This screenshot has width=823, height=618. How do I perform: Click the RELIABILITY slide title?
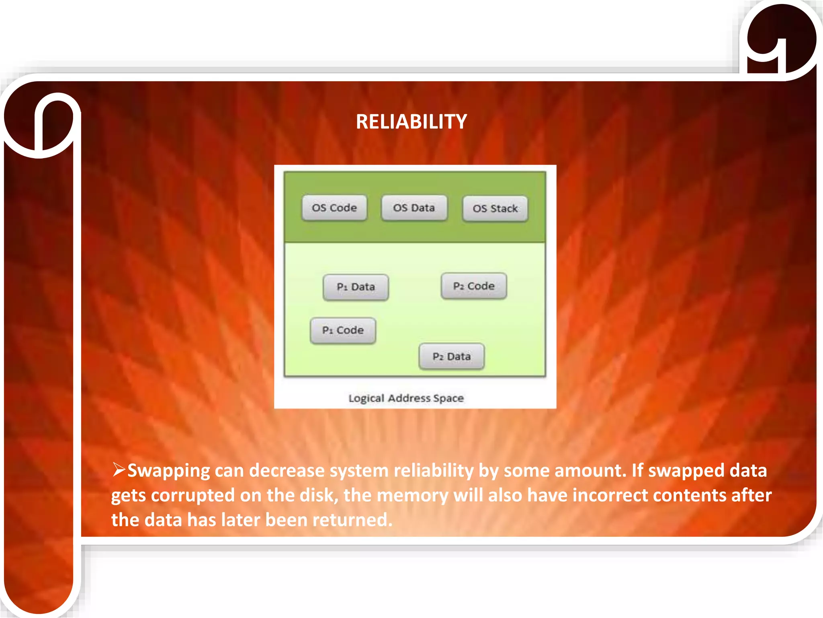411,122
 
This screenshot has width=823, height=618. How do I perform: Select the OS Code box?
334,208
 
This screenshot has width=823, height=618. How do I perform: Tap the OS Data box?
414,208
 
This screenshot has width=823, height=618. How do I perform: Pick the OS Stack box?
495,208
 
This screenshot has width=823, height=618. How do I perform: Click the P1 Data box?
356,287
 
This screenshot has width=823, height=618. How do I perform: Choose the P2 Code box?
474,286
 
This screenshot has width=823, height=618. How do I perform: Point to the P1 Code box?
343,330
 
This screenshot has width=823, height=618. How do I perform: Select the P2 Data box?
451,356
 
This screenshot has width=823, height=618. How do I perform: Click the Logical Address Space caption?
406,398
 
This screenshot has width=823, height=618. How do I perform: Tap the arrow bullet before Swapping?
119,470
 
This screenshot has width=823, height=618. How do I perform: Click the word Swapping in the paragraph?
168,471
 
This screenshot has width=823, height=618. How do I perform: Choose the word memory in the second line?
412,495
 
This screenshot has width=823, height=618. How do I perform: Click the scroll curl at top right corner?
780,40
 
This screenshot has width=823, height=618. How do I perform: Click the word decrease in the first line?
287,471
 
